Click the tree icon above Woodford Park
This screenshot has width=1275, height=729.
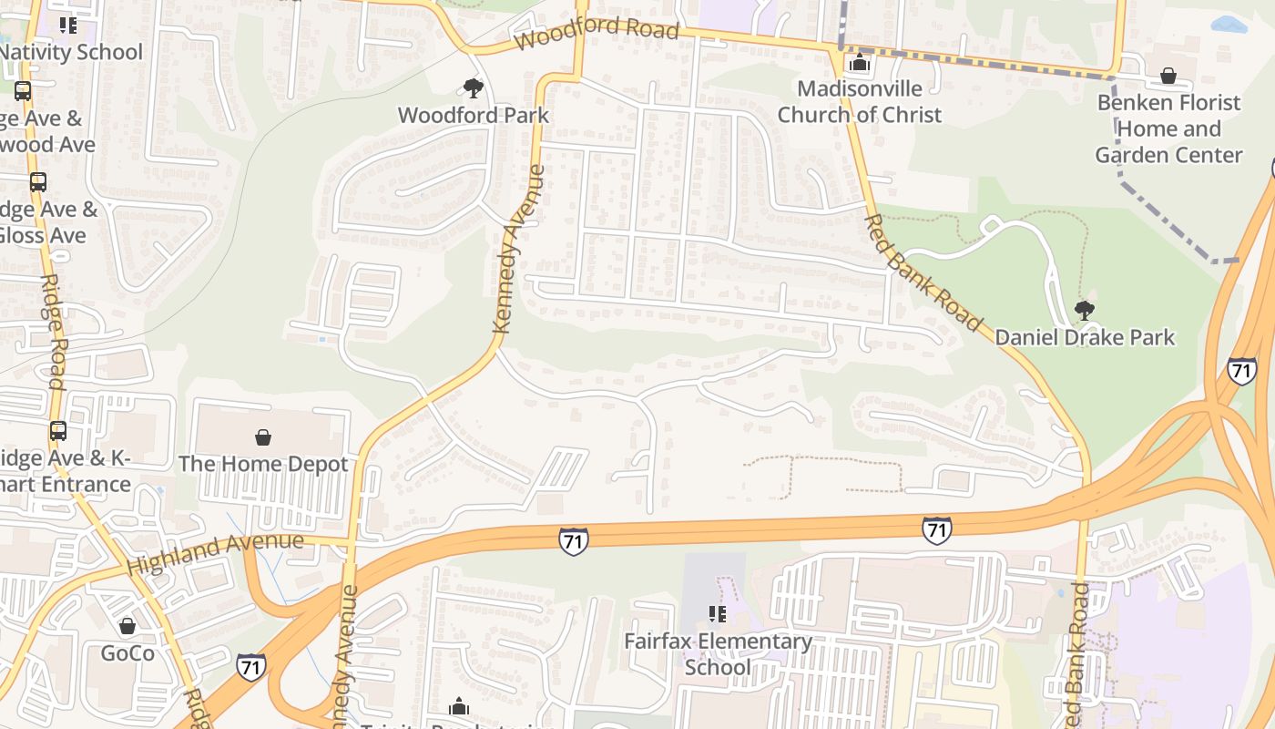(473, 88)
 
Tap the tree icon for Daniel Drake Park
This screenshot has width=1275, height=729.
(1084, 311)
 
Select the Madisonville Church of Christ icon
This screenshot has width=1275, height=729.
(859, 63)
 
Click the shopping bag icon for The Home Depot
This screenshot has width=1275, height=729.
(263, 437)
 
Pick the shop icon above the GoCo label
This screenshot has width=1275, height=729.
(127, 626)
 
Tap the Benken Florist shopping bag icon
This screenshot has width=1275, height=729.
(1168, 76)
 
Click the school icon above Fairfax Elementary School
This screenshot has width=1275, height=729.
(718, 614)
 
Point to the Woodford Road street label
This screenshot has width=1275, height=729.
(597, 32)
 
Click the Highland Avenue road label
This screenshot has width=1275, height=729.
(215, 553)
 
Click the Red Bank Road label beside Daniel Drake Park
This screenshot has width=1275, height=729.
(923, 272)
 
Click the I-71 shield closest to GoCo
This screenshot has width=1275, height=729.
(251, 666)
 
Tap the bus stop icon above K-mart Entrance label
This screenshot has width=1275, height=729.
(58, 430)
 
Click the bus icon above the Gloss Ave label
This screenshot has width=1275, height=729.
(38, 181)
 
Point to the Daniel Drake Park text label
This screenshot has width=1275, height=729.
(1084, 337)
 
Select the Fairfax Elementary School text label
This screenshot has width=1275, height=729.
(718, 654)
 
